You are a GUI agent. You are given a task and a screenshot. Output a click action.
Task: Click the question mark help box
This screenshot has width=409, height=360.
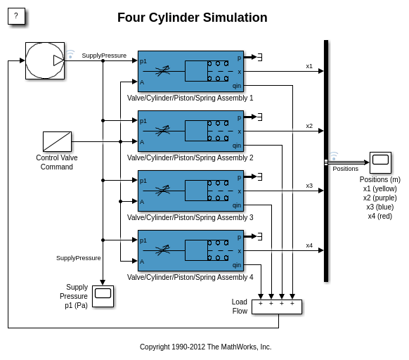[16, 16]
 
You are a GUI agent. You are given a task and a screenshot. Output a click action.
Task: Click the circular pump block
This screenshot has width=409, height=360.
[45, 60]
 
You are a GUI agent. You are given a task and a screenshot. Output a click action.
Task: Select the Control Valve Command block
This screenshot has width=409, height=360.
[57, 141]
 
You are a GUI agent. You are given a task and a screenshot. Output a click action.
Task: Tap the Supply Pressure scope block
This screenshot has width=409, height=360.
[103, 296]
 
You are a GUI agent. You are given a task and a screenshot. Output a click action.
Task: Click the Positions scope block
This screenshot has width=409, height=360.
[380, 162]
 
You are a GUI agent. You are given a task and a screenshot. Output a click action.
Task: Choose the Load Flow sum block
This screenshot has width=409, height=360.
[277, 307]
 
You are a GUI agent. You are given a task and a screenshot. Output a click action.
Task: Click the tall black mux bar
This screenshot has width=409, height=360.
[326, 161]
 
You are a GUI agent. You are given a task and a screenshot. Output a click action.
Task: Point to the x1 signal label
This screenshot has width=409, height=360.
[309, 66]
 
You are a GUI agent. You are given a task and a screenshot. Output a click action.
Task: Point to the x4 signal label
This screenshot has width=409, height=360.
[309, 245]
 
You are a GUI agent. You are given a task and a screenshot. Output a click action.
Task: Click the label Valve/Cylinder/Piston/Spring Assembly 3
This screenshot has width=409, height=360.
[190, 217]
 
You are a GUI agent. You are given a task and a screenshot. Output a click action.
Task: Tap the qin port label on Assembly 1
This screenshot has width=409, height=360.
[237, 86]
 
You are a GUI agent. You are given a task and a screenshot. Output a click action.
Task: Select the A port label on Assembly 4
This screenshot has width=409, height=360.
[142, 262]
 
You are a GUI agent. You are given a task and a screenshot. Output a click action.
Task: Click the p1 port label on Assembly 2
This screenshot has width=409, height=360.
[143, 121]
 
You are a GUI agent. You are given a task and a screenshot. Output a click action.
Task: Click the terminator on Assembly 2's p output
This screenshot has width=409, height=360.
[260, 117]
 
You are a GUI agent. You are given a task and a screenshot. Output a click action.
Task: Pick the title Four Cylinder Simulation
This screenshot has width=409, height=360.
[193, 18]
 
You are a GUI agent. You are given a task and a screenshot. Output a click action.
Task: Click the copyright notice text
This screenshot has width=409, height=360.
[205, 347]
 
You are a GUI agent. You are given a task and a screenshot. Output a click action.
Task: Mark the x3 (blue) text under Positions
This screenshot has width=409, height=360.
[380, 207]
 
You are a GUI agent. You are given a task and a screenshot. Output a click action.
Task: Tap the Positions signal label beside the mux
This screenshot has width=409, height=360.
[345, 169]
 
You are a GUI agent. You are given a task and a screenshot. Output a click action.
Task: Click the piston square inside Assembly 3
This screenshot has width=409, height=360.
[196, 191]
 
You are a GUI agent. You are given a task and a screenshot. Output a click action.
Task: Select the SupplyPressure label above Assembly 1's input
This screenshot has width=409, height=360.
[104, 56]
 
